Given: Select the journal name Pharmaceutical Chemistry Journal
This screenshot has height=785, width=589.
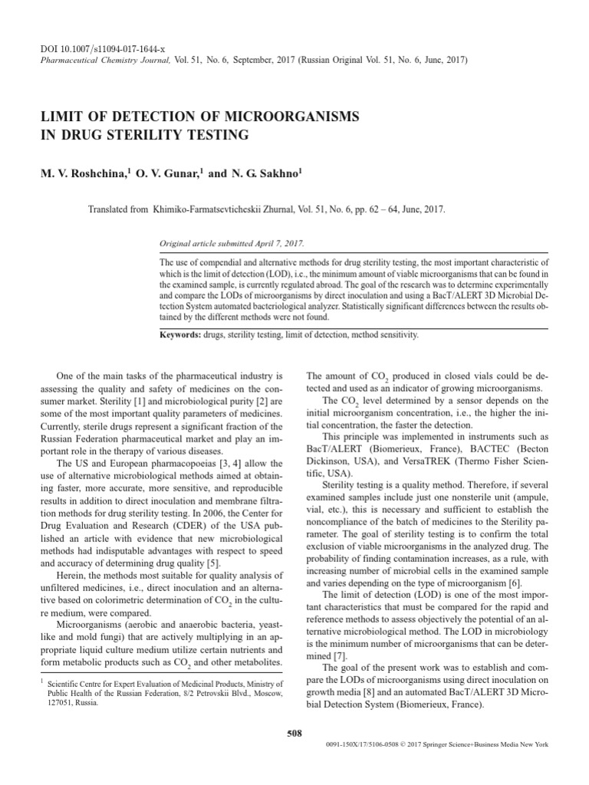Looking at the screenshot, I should click(x=95, y=59).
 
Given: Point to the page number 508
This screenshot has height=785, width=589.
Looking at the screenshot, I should click(x=294, y=733).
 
